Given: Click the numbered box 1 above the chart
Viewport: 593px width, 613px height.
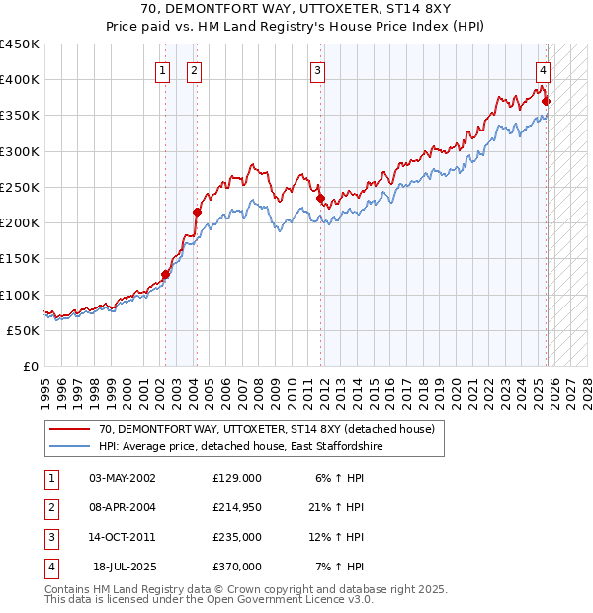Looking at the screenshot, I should pos(162,70).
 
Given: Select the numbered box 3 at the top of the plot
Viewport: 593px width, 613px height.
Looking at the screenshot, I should pos(317,70).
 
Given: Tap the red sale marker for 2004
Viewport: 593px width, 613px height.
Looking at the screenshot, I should pos(197,212).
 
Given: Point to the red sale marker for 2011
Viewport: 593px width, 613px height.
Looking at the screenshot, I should pos(320,198).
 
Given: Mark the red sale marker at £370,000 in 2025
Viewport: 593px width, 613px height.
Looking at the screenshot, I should pos(547,101).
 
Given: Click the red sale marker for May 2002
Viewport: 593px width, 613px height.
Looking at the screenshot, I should pos(165,274).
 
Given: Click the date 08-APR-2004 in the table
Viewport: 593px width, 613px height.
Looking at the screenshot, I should pos(122,506).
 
